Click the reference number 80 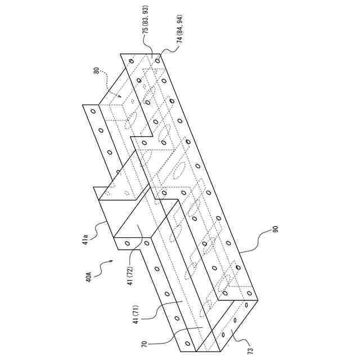(x=97, y=71)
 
